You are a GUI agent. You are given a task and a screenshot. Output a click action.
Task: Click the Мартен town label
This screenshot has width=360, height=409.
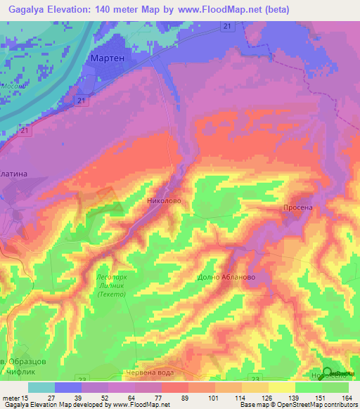coord(108,58)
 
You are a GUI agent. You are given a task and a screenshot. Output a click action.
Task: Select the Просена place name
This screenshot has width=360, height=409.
coord(297,209)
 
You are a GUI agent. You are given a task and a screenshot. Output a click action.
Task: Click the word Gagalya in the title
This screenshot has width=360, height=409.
coord(30,11)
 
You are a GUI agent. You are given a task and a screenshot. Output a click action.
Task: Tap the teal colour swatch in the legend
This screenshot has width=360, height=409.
coord(41,387)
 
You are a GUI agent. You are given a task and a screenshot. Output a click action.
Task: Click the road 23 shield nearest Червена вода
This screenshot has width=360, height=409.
coord(82,379)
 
